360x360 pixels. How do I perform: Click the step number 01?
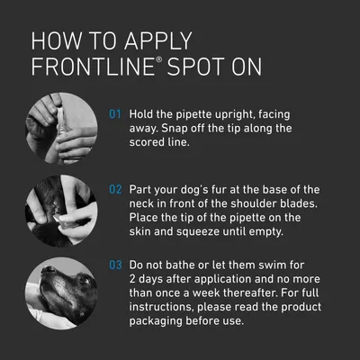click(114, 115)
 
